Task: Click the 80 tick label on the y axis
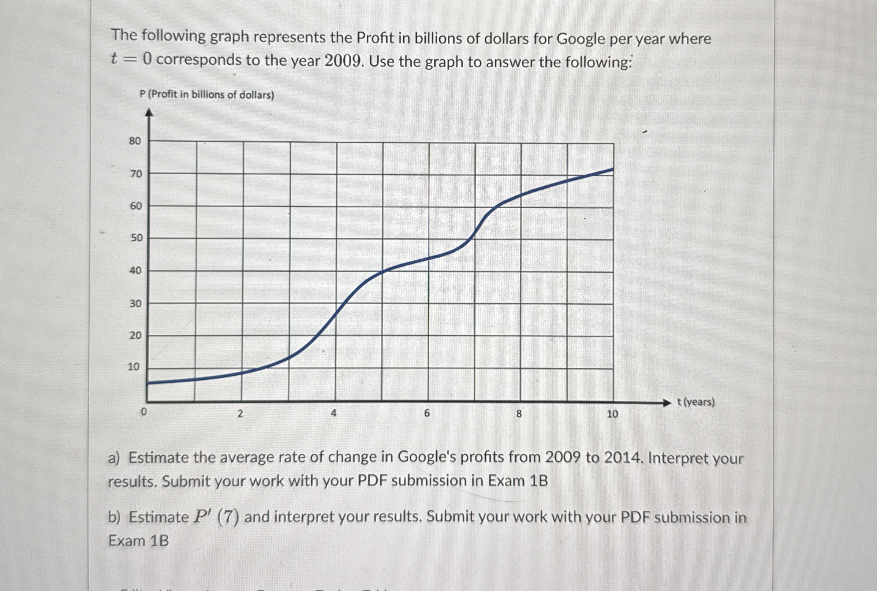tap(134, 141)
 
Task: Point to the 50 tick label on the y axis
tap(137, 238)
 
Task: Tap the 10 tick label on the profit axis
tap(133, 367)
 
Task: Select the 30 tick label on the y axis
tap(135, 304)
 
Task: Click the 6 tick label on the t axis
tap(426, 413)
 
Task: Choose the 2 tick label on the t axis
tap(240, 413)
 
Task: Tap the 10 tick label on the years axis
tap(612, 414)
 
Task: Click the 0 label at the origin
tap(143, 412)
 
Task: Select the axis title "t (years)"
tap(695, 402)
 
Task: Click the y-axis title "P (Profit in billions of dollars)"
tap(207, 94)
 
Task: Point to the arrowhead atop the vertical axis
tap(150, 112)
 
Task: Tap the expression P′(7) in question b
tap(216, 517)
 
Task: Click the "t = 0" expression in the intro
tap(131, 59)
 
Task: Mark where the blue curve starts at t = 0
tap(147, 383)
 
